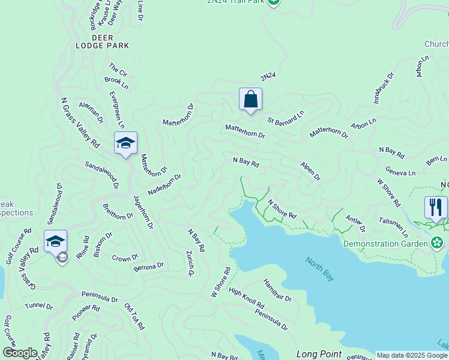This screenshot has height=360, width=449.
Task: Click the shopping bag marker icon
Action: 250,99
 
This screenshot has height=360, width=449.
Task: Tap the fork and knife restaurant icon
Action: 436,208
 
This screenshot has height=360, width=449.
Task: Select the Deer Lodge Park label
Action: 94,41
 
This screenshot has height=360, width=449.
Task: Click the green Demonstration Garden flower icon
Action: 438,243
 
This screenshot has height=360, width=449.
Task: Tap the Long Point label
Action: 319,354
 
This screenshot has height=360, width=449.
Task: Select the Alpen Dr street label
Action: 311,170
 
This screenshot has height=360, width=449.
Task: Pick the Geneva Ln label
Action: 400,172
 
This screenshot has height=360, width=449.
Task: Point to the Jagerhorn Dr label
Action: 143,212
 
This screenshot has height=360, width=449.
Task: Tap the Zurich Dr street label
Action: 190,263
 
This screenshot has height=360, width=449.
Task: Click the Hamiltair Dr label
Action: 277,289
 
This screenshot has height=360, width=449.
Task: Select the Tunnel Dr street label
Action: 39,306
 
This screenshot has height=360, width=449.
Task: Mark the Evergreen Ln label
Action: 116,109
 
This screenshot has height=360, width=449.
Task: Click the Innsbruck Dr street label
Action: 383,88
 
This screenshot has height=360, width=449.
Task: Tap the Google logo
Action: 20,353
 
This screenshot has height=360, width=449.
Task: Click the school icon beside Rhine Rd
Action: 55,241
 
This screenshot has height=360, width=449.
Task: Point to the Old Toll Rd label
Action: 134,316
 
